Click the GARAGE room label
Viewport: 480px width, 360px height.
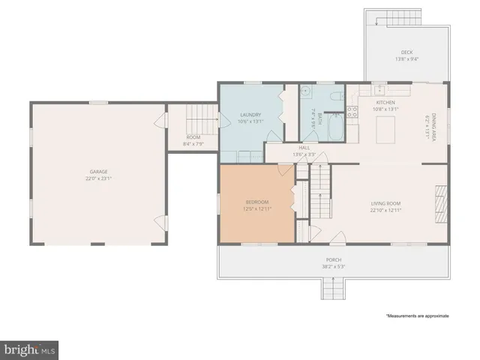click(99, 172)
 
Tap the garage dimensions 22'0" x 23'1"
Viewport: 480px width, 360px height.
click(99, 178)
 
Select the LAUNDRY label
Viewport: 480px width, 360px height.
click(250, 115)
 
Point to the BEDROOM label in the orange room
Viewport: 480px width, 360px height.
click(257, 202)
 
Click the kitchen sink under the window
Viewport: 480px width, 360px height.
click(381, 88)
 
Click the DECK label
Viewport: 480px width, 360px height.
click(406, 52)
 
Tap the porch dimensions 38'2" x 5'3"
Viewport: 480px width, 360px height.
click(334, 267)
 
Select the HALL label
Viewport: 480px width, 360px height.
click(304, 148)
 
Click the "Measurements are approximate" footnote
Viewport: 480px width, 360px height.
click(417, 316)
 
